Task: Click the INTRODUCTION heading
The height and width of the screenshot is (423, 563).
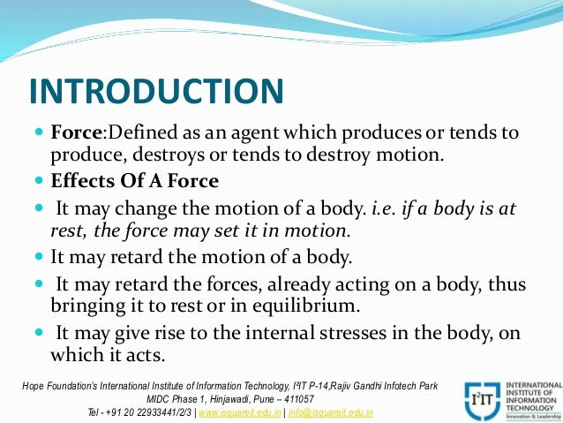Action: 156,91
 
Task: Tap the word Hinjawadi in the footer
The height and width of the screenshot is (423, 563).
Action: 221,399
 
